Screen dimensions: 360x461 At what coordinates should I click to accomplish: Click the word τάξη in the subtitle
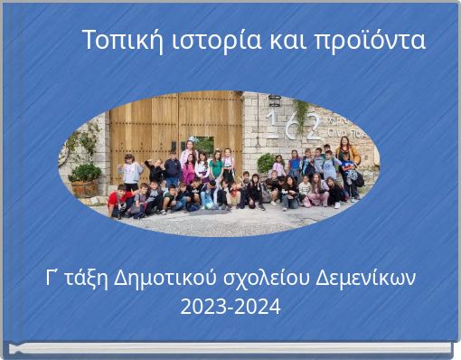[90, 277]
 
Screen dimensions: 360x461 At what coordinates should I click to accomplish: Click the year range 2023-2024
[230, 307]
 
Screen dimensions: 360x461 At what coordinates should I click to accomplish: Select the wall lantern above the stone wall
[275, 99]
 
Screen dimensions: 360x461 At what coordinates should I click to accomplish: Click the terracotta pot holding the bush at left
[86, 188]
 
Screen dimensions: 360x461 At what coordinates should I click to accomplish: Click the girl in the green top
[216, 166]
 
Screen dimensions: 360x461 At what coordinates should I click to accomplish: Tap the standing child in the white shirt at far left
[131, 171]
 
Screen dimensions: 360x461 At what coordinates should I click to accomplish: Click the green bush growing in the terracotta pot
[86, 171]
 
